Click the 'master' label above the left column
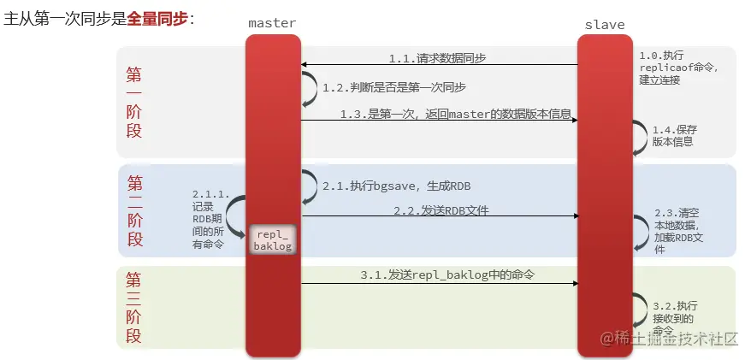click(x=272, y=24)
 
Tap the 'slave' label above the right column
click(x=604, y=24)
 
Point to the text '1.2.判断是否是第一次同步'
click(x=393, y=87)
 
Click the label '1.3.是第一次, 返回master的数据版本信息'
click(x=455, y=114)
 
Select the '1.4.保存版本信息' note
click(x=672, y=136)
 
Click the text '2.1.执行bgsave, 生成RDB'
click(x=396, y=186)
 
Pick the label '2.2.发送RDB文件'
click(x=441, y=210)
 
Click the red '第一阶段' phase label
click(x=134, y=103)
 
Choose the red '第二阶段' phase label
click(x=134, y=210)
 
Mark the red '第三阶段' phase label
click(x=134, y=308)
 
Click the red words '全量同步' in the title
click(x=157, y=18)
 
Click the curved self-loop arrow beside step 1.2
click(x=307, y=88)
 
